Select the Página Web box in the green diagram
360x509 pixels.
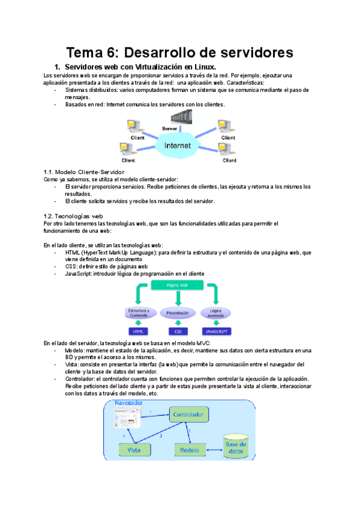[x=178, y=286]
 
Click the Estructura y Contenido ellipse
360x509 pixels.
[x=140, y=312]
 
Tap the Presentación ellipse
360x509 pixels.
[x=178, y=313]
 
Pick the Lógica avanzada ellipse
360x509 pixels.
[x=214, y=312]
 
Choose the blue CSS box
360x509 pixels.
[x=178, y=331]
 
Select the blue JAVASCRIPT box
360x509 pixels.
[x=215, y=331]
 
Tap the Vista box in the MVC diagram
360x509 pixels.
[x=135, y=449]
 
